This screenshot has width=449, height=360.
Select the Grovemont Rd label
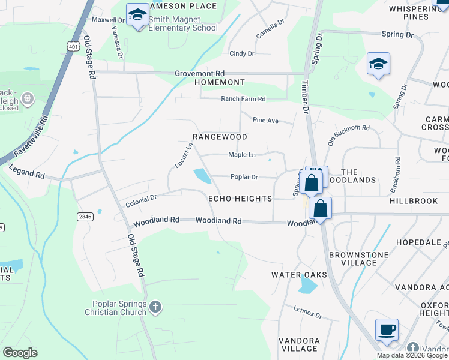coord(199,73)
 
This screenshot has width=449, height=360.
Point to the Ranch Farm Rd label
coord(243,98)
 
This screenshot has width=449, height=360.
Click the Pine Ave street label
coord(265,121)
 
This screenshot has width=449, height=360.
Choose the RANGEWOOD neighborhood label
coord(220,137)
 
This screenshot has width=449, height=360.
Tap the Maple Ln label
coord(242,155)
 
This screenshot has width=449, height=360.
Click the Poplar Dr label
coord(244,177)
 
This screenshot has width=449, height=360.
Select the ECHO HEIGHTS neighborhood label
coord(240,199)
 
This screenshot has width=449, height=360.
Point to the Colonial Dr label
coord(140,200)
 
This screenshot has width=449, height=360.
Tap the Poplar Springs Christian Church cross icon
coord(155,308)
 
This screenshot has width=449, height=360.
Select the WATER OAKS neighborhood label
coord(299,275)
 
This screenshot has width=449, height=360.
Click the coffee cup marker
coord(387,330)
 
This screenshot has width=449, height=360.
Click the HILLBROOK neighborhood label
coord(414,201)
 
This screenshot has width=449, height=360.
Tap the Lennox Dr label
coord(308,312)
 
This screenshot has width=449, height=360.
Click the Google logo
coord(20,353)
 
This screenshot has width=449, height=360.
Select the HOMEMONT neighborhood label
coord(219,82)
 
